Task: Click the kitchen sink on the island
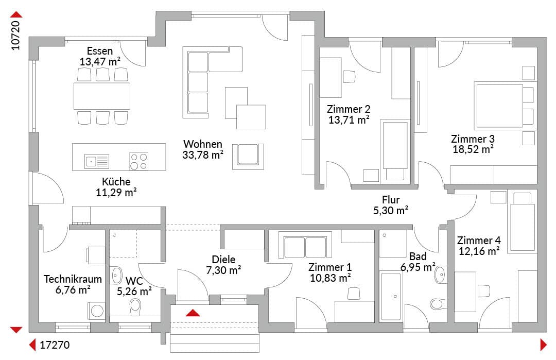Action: coord(97,161)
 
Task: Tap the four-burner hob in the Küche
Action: coord(138,161)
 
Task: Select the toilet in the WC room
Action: coord(135,307)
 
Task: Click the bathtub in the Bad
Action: coord(391,296)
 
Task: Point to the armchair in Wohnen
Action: coord(248,157)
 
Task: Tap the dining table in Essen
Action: coord(102,96)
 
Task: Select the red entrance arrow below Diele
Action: coord(193,313)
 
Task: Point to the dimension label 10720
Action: coord(15,35)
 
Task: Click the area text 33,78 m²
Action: coord(203,155)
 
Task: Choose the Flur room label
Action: coord(391,200)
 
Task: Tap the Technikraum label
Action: coord(73,279)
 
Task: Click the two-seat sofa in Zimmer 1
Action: coord(305,245)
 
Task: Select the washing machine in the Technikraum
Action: coord(96,311)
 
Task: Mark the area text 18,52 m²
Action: coord(473,149)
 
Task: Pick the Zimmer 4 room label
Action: coord(479,241)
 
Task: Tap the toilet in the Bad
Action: coord(438,304)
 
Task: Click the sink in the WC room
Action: coord(116,275)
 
